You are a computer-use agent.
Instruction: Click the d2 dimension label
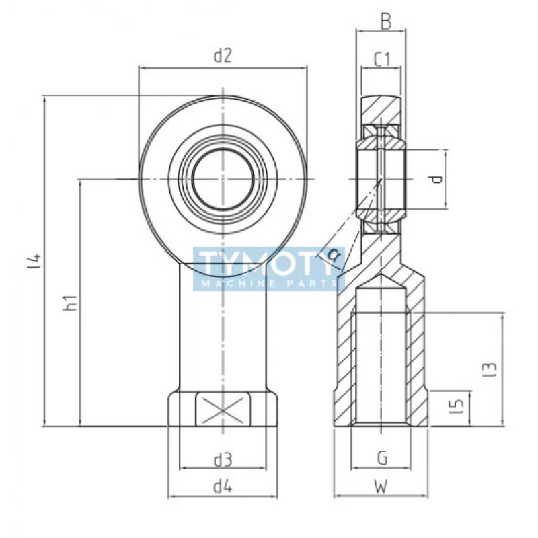[223, 55]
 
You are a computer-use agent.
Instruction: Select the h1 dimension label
[70, 303]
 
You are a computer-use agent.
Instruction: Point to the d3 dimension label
[223, 460]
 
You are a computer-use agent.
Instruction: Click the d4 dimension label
[223, 486]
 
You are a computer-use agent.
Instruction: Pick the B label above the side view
[386, 23]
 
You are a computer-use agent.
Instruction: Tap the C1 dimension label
[382, 59]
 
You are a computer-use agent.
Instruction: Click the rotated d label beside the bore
[436, 179]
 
